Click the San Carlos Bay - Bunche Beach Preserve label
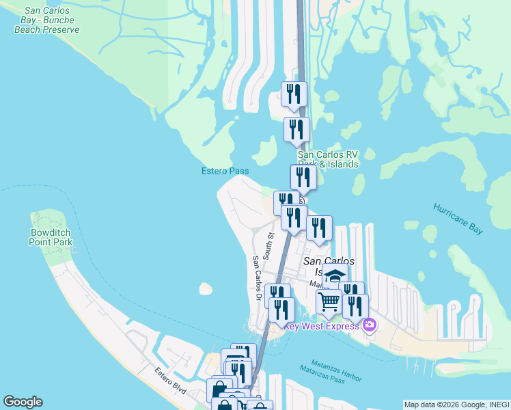(51, 20)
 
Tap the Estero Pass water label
(225, 171)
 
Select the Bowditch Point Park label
(51, 237)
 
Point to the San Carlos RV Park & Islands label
(328, 160)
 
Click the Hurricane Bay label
(458, 219)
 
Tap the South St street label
(271, 245)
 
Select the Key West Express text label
(322, 326)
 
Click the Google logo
(23, 402)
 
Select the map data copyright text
(456, 405)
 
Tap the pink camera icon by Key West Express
(370, 325)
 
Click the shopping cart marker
(329, 301)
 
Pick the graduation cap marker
(335, 276)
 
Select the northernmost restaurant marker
(294, 94)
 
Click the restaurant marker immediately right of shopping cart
(356, 305)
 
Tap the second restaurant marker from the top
(296, 129)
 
